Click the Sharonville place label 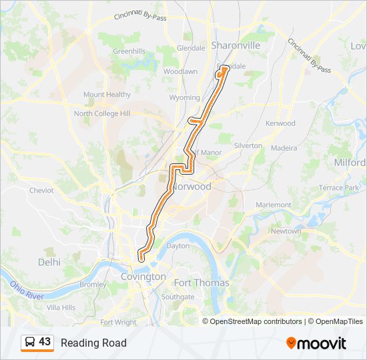tap(236, 45)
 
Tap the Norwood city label tap(192, 187)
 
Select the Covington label tap(143, 277)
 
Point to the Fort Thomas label tap(202, 283)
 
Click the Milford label tap(351, 163)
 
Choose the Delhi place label tap(49, 262)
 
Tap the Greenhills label tap(129, 51)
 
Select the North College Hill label tap(102, 114)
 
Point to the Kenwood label tap(280, 123)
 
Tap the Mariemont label tap(272, 205)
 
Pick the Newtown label tap(286, 231)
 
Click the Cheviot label tap(41, 190)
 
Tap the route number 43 tap(45, 342)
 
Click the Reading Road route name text tap(93, 343)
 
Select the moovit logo tap(316, 343)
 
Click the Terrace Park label tap(340, 189)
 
